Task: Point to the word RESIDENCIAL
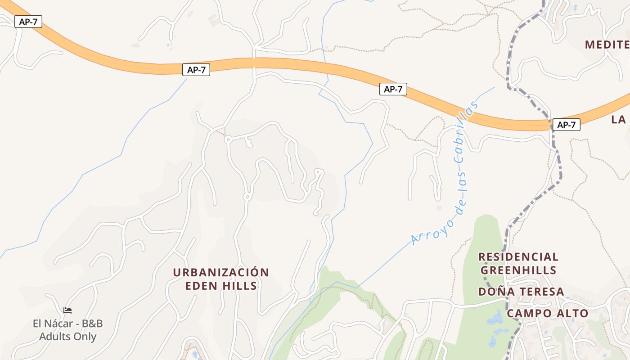pos(518,257)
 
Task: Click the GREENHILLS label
pos(518,270)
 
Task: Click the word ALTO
pos(572,313)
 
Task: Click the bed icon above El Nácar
pos(67,310)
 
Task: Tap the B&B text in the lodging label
pos(92,324)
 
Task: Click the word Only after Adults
pos(85,336)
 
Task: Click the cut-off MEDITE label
pos(607,45)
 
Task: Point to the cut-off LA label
pos(619,119)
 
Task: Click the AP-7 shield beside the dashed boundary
pos(566,125)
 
